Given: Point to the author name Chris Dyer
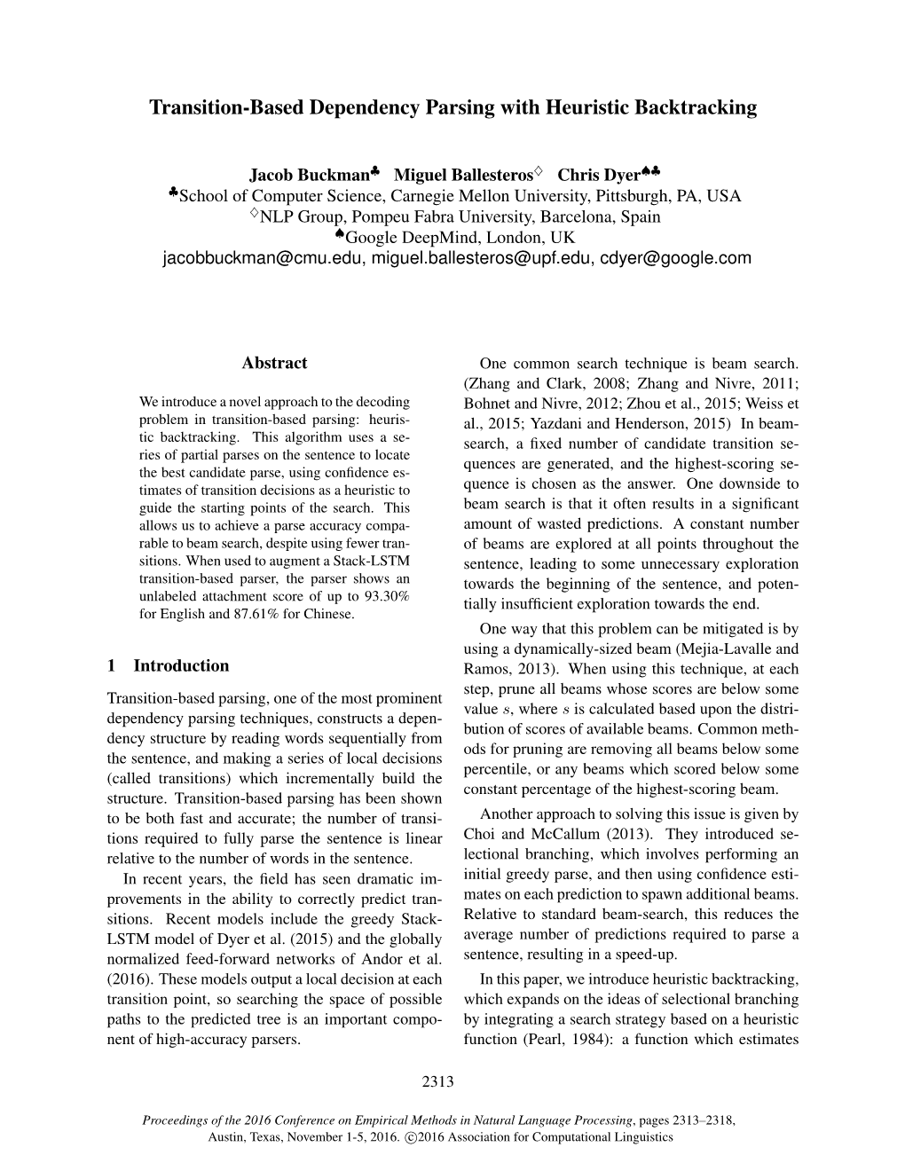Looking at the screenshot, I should click(591, 174).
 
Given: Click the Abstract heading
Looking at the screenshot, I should click(274, 363).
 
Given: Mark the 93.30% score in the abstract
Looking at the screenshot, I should click(384, 595).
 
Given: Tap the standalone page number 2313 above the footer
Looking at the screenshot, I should click(439, 1081).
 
